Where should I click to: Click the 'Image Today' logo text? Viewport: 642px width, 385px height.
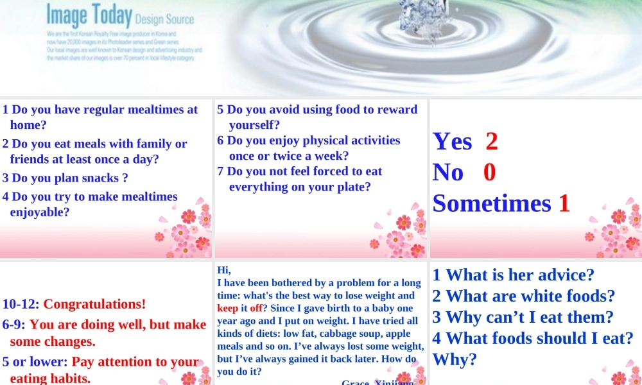(89, 15)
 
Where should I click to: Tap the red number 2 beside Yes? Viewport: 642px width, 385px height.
(492, 141)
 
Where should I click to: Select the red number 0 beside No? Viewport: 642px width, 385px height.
(489, 173)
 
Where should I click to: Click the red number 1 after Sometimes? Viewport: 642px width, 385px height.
(564, 203)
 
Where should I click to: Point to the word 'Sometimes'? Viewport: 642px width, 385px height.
(492, 203)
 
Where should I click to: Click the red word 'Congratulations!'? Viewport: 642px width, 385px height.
(94, 304)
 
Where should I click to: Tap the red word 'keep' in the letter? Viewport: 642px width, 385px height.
(228, 308)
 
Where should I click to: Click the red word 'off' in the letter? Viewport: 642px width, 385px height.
(256, 308)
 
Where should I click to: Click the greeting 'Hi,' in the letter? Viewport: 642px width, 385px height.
(224, 270)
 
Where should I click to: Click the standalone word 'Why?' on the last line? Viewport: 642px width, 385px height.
(455, 359)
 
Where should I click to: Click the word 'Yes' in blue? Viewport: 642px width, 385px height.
(453, 141)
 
